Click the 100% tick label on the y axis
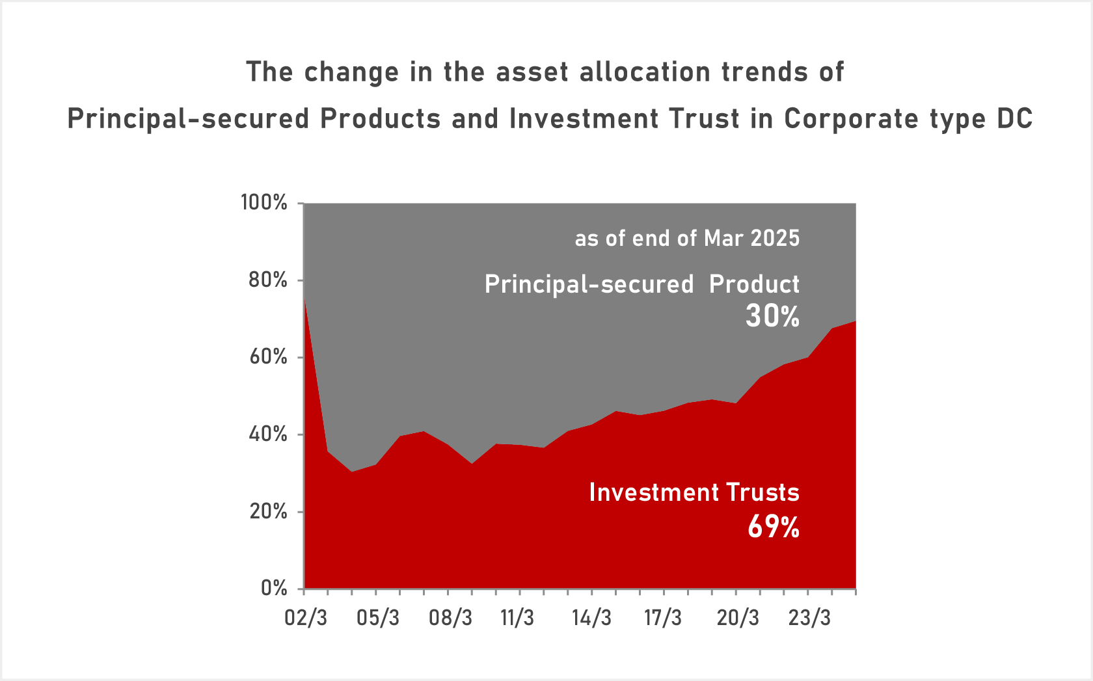pos(264,202)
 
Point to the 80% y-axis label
pos(267,280)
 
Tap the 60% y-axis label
pos(267,357)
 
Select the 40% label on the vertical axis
pos(267,434)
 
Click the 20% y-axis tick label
pos(267,511)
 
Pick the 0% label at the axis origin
pos(274,588)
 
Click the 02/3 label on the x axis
pos(306,617)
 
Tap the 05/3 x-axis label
pos(378,617)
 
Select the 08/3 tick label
pos(450,617)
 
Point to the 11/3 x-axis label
pos(517,617)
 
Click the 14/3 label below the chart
pos(591,617)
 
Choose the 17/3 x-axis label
pos(663,617)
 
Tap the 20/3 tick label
pos(738,617)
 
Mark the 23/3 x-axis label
pos(809,617)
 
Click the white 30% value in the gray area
pos(772,316)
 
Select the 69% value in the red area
pos(774,526)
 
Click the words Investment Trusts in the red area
pos(694,492)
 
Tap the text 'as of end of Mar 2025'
pos(687,238)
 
